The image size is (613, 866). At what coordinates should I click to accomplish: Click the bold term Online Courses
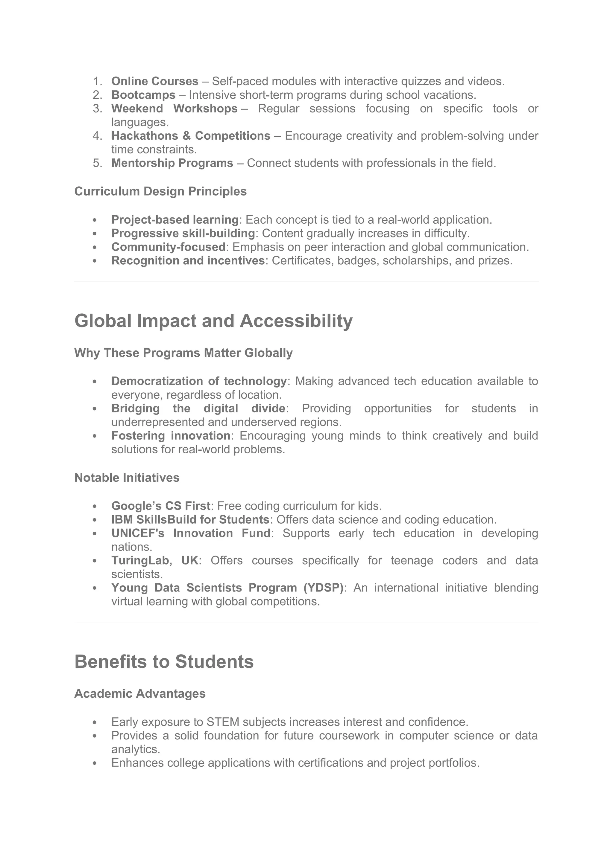click(155, 81)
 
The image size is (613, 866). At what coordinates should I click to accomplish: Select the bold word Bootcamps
click(143, 95)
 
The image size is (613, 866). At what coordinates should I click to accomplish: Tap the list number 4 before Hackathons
click(97, 136)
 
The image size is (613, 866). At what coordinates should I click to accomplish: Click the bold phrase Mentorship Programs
click(172, 163)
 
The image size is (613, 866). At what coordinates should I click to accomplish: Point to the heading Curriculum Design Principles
click(160, 191)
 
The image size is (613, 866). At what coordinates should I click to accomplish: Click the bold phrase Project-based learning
click(175, 219)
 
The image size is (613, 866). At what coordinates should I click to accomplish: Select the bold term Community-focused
click(168, 247)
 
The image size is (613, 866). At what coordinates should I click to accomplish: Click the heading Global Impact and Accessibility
click(213, 321)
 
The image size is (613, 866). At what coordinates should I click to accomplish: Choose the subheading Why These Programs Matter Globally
click(183, 353)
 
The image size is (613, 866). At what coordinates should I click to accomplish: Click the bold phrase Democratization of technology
click(199, 381)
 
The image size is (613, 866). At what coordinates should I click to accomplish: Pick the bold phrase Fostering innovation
click(171, 436)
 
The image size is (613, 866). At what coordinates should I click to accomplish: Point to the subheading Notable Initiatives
click(127, 478)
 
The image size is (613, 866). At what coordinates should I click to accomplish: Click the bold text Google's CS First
click(160, 506)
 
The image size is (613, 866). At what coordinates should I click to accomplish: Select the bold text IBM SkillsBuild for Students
click(190, 519)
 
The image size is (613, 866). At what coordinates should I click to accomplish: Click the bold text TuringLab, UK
click(155, 560)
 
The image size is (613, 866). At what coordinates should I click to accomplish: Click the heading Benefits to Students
click(164, 661)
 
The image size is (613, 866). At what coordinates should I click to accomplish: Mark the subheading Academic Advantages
click(140, 693)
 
